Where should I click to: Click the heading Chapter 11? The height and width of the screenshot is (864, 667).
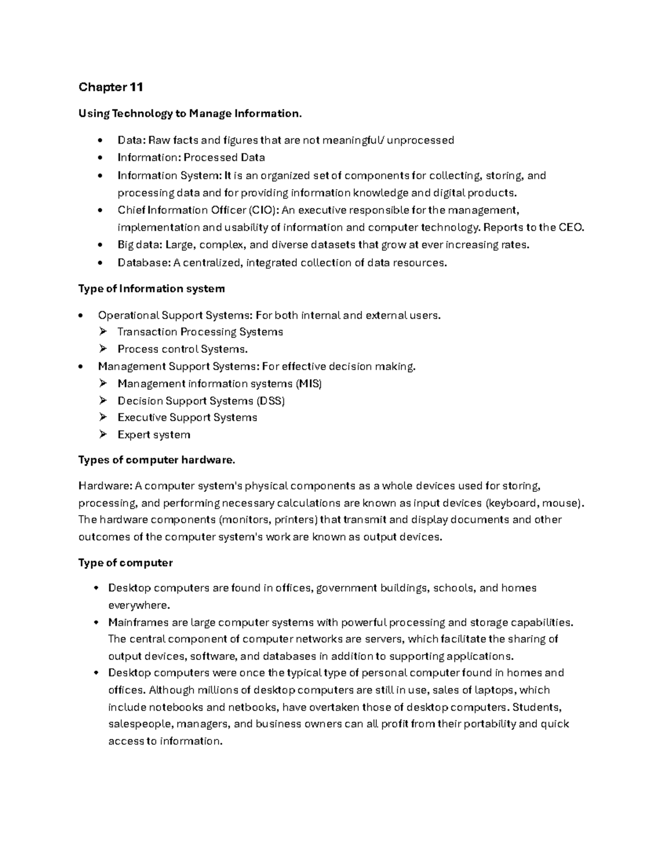click(x=111, y=87)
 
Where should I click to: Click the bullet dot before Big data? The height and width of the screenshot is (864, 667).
click(x=100, y=245)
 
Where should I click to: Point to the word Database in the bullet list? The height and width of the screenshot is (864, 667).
click(x=139, y=263)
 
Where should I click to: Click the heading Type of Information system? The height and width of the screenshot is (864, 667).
click(x=151, y=289)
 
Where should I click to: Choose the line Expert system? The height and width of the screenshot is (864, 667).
click(x=153, y=435)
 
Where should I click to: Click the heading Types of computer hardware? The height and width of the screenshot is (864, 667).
click(x=157, y=460)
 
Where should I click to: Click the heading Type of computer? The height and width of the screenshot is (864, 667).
click(x=126, y=563)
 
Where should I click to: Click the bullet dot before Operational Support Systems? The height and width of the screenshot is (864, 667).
click(x=81, y=316)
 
